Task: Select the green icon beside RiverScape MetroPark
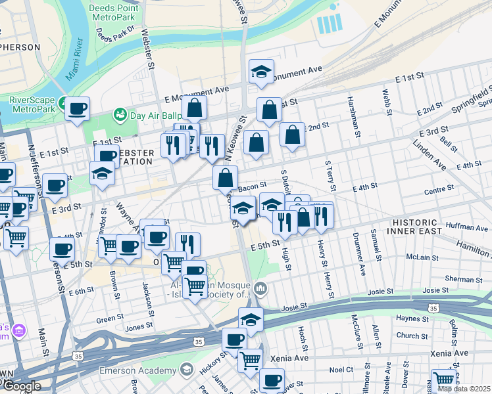click(62, 104)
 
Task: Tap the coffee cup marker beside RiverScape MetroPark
click(77, 108)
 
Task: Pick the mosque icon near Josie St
click(261, 288)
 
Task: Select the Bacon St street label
click(252, 188)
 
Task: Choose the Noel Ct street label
click(341, 370)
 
